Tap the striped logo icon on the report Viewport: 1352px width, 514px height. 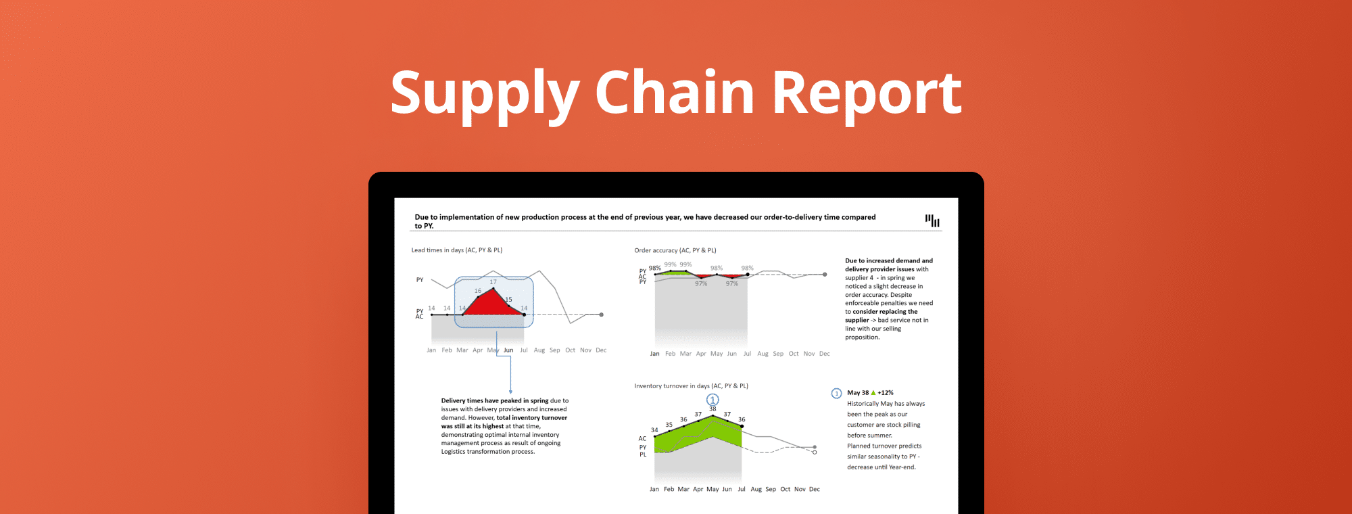[x=932, y=220]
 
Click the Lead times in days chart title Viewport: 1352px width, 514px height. [x=456, y=250]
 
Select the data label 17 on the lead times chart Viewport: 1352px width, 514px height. [x=493, y=282]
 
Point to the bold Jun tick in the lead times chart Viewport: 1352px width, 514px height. [x=508, y=350]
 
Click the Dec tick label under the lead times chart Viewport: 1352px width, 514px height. [x=601, y=350]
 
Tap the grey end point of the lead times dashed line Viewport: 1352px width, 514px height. [x=601, y=314]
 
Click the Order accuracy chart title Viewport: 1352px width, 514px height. [x=675, y=250]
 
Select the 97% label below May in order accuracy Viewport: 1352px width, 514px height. [x=701, y=284]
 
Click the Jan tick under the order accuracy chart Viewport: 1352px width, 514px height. [x=654, y=354]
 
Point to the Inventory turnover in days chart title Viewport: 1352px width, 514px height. [x=691, y=386]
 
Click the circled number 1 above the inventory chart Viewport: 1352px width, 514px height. [x=713, y=400]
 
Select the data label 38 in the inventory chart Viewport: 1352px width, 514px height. [x=713, y=409]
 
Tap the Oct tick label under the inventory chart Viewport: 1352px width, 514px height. [x=785, y=489]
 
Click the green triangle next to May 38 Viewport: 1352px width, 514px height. [x=873, y=392]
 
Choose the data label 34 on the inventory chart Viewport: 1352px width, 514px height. [x=654, y=430]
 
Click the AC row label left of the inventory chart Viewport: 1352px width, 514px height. [x=642, y=438]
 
